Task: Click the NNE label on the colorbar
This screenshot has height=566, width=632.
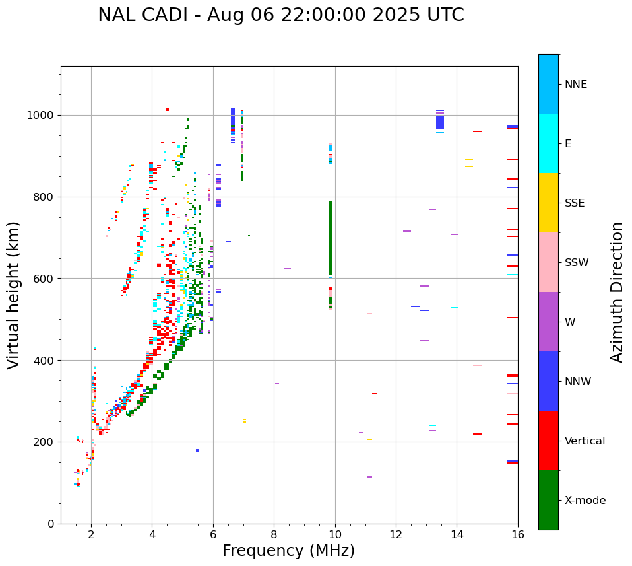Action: pyautogui.click(x=575, y=85)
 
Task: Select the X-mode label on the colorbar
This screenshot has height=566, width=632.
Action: pyautogui.click(x=585, y=501)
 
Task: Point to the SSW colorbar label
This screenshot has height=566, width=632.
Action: pyautogui.click(x=577, y=263)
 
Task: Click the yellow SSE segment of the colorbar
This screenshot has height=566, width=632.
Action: pyautogui.click(x=548, y=203)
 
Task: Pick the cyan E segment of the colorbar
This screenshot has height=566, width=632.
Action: pyautogui.click(x=548, y=143)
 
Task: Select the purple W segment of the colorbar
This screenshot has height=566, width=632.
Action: pyautogui.click(x=548, y=322)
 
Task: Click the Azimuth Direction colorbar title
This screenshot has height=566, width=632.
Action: pyautogui.click(x=617, y=292)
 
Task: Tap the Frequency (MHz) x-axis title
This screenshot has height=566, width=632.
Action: pyautogui.click(x=288, y=551)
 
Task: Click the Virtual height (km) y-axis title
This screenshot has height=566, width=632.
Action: pyautogui.click(x=14, y=295)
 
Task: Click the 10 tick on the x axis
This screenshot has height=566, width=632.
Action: pyautogui.click(x=335, y=534)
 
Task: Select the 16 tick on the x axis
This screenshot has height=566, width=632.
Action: pyautogui.click(x=518, y=534)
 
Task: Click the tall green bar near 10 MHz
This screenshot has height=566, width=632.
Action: pyautogui.click(x=330, y=238)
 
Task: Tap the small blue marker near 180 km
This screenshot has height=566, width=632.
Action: pyautogui.click(x=197, y=450)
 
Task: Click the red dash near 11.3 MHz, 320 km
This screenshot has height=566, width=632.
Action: pyautogui.click(x=374, y=394)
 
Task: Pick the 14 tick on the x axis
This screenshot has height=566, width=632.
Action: pyautogui.click(x=457, y=534)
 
